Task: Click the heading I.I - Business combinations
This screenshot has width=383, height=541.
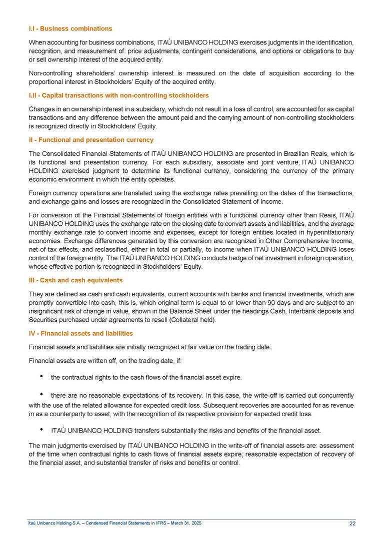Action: (x=70, y=28)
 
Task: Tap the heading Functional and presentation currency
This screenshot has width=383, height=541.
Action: (x=91, y=140)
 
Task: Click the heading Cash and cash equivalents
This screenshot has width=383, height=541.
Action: (x=75, y=280)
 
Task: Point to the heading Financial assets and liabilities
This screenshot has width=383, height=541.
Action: (x=80, y=333)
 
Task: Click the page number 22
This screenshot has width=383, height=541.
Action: (x=352, y=523)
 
